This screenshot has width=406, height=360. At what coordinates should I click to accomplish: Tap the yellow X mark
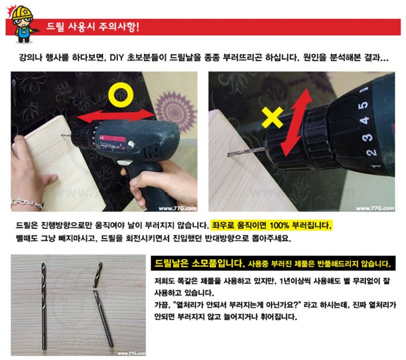(272, 118)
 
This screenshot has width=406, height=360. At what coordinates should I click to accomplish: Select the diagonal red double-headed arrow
(296, 122)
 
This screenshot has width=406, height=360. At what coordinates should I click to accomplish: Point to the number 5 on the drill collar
(363, 105)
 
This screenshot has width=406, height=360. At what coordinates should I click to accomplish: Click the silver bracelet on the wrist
(27, 203)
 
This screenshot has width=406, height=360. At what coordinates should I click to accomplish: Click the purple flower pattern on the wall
(176, 111)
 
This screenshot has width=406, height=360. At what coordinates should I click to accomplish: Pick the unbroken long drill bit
(44, 306)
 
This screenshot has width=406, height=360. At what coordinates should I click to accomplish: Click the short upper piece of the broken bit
(98, 274)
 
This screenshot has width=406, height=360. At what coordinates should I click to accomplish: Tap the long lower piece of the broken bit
(103, 318)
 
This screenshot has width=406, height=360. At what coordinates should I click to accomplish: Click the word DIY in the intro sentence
(117, 57)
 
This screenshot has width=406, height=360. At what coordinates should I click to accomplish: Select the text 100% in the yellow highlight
(279, 225)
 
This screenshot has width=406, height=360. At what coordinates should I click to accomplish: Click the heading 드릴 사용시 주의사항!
(93, 27)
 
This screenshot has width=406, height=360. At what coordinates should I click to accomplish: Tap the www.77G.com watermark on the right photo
(375, 208)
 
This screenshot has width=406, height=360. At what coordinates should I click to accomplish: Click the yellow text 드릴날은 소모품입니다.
(199, 264)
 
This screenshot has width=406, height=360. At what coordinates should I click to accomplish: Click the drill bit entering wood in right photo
(246, 151)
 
